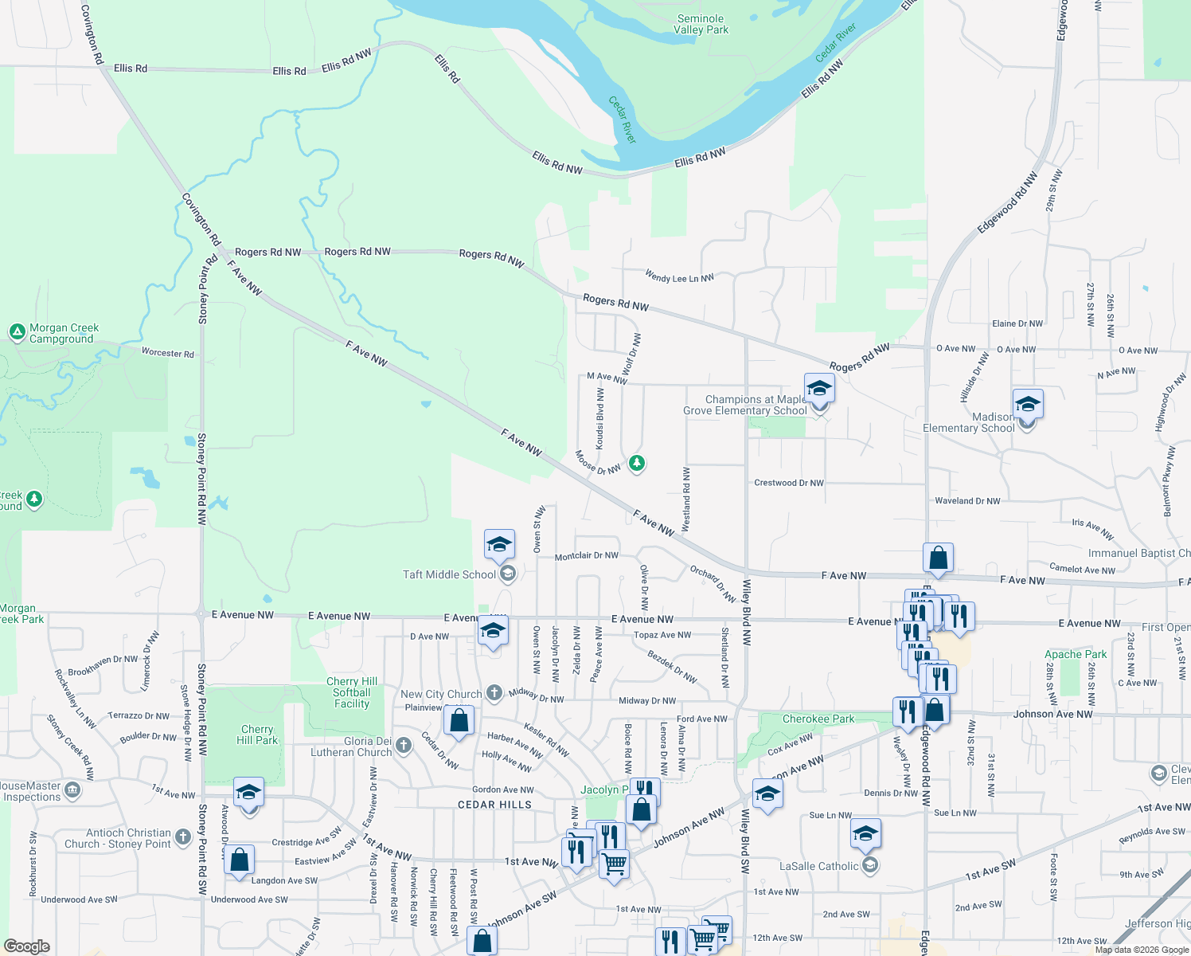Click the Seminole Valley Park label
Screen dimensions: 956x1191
(701, 24)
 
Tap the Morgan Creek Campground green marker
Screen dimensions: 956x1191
(17, 331)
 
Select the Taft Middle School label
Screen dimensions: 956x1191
(449, 574)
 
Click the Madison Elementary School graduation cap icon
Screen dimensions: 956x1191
(1028, 404)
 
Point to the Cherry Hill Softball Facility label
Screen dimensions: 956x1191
(352, 692)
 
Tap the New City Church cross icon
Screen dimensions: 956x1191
(494, 692)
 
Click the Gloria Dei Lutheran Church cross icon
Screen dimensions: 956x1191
(404, 745)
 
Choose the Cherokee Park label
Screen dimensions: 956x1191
(818, 719)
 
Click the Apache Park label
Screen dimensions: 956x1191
(1076, 654)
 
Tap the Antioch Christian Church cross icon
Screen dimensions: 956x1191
(183, 836)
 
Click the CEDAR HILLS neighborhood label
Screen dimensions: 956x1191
(494, 805)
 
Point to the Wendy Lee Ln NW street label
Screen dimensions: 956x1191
(679, 276)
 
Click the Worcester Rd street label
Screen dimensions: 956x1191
(167, 353)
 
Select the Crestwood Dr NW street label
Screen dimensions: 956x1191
(788, 483)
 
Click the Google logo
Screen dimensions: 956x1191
(27, 946)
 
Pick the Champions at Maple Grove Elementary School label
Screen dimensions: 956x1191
(745, 405)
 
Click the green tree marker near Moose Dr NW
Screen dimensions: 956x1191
(636, 462)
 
